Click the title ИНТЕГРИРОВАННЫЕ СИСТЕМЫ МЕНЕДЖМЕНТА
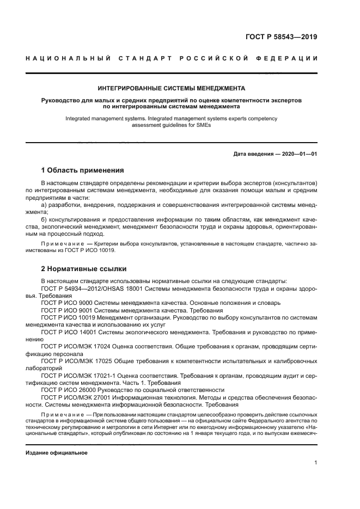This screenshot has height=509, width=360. pos(171,87)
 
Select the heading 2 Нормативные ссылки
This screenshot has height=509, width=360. pos(84,268)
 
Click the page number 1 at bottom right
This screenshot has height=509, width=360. pos(315,462)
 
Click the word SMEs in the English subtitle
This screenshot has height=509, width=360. pos(202,125)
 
